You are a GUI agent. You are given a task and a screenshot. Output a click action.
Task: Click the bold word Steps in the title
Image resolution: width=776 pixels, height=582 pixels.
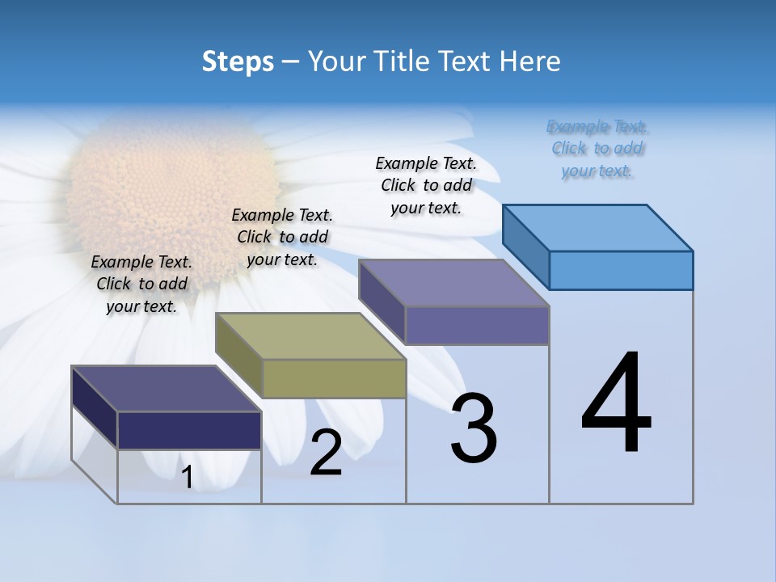pyautogui.click(x=238, y=61)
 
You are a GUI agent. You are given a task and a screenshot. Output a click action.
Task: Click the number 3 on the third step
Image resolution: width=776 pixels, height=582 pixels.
pyautogui.click(x=474, y=428)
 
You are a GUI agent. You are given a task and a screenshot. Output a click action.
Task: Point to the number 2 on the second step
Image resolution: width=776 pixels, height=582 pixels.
pyautogui.click(x=327, y=453)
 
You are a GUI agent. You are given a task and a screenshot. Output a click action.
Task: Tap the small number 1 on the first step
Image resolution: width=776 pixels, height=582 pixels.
pyautogui.click(x=188, y=478)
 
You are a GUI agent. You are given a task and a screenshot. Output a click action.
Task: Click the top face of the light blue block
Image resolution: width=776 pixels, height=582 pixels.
pyautogui.click(x=598, y=227)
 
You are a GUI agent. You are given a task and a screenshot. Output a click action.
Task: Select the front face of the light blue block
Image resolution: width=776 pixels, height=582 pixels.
pyautogui.click(x=621, y=270)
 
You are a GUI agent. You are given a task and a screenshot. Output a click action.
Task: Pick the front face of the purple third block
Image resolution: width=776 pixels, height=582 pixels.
pyautogui.click(x=477, y=325)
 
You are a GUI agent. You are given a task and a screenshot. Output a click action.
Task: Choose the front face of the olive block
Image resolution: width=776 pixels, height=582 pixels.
pyautogui.click(x=334, y=378)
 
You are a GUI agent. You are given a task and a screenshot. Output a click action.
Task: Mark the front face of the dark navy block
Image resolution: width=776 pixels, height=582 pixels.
pyautogui.click(x=189, y=430)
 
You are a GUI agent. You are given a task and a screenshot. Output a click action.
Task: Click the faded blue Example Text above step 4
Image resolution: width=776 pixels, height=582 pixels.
pyautogui.click(x=597, y=149)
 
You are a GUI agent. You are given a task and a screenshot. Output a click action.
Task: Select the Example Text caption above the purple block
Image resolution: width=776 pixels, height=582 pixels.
pyautogui.click(x=426, y=185)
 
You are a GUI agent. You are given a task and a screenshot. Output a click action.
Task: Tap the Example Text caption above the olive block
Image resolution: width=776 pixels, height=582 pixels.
pyautogui.click(x=282, y=237)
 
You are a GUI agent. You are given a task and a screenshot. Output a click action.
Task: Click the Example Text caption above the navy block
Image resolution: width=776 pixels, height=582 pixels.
pyautogui.click(x=141, y=284)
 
